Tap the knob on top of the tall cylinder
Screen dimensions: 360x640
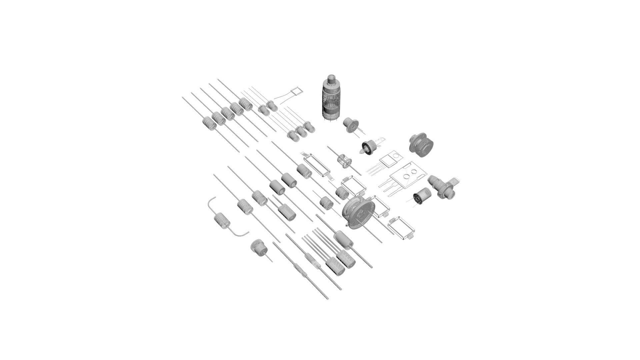click(x=331, y=79)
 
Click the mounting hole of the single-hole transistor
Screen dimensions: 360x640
click(x=396, y=155)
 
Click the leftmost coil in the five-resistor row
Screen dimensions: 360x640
click(x=209, y=123)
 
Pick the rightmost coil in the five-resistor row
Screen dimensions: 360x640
click(x=246, y=104)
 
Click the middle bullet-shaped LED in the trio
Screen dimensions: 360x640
click(x=301, y=131)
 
